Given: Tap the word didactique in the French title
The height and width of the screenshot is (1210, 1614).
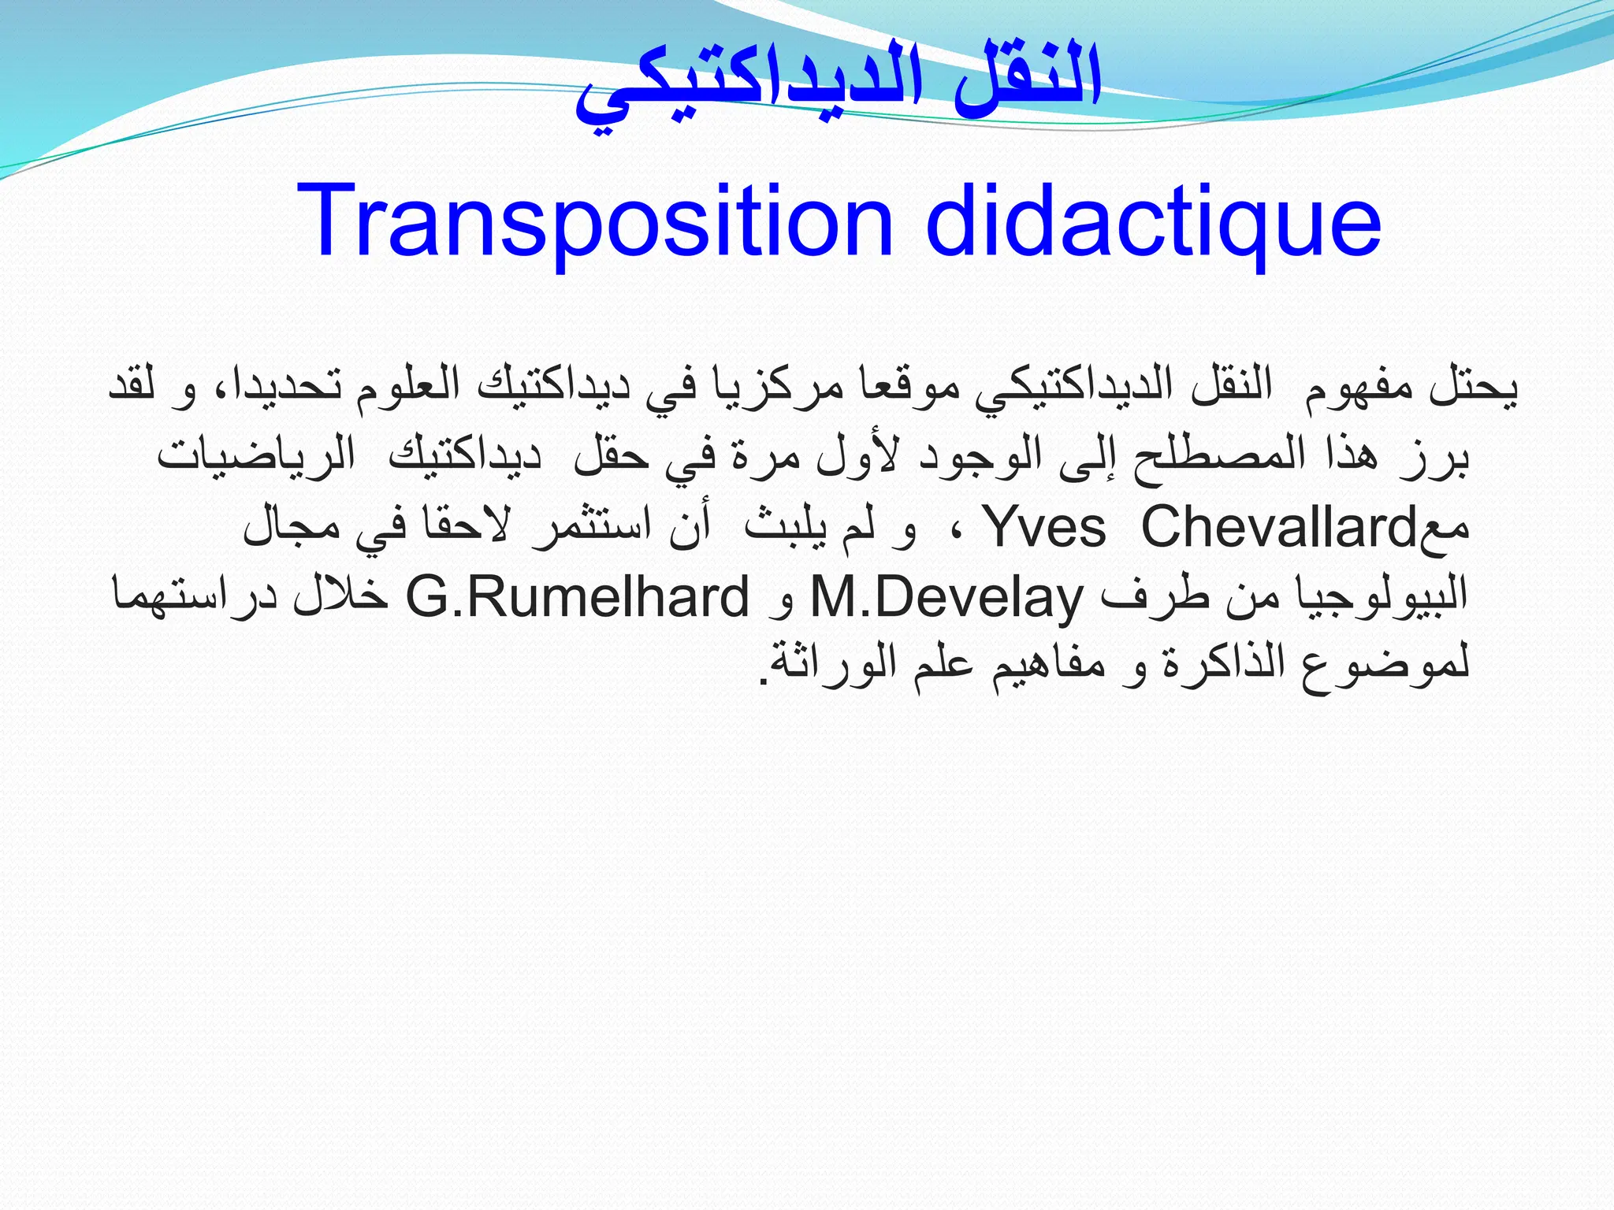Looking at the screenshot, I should (x=1152, y=222).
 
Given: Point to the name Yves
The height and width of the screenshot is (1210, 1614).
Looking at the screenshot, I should (x=1047, y=528).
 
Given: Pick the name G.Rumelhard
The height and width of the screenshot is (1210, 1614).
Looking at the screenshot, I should (x=578, y=597).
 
